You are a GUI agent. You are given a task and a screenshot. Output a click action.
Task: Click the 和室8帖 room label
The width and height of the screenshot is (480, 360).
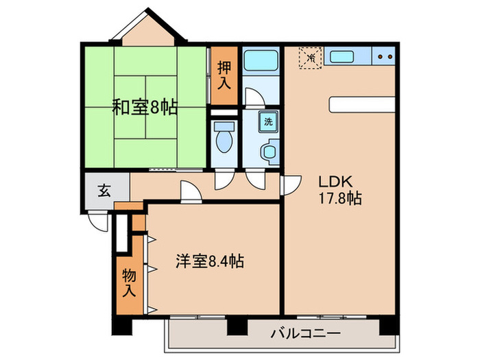[x=145, y=107]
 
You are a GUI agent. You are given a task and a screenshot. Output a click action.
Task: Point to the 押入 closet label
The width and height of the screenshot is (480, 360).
[x=224, y=75]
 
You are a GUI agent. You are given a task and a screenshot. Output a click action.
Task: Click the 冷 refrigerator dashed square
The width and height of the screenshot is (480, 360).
[x=311, y=58]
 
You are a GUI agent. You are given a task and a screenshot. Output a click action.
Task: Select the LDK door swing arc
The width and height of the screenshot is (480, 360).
[x=289, y=184]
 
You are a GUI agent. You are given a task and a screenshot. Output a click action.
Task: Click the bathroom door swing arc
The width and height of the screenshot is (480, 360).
[x=253, y=98]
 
